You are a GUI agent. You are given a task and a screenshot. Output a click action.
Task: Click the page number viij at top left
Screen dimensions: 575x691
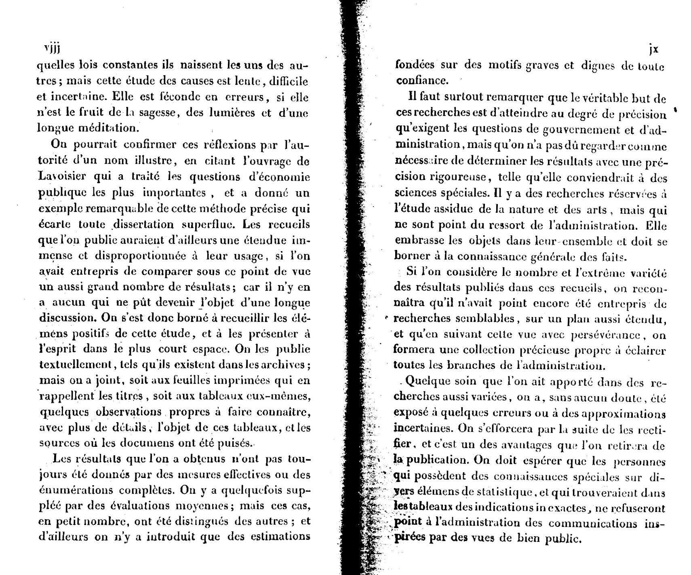coord(51,48)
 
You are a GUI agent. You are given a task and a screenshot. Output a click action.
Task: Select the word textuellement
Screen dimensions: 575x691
coord(77,365)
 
